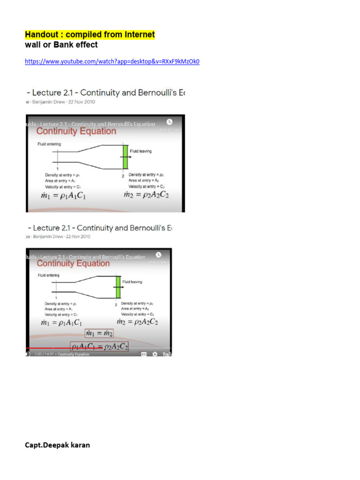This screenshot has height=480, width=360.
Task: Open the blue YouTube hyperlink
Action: coord(112,61)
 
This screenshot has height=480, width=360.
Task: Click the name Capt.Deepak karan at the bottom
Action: coord(57,445)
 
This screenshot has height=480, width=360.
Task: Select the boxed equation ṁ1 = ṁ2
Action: coord(99,333)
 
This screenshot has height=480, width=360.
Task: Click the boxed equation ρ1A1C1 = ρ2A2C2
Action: coord(99,347)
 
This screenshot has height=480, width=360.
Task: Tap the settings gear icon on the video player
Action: coord(155,354)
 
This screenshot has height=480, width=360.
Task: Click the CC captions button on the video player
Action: coord(143,354)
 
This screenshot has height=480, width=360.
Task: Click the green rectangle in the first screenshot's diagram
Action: coord(125,157)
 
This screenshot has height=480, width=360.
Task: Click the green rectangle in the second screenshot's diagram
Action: coord(118,286)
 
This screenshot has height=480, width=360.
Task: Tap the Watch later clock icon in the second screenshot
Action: coord(158,254)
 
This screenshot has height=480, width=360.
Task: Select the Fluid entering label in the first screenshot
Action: coord(49,144)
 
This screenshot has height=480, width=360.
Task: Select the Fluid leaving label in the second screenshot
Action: coord(132,282)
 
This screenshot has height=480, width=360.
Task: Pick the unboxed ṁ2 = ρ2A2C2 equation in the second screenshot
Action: coord(137,322)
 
